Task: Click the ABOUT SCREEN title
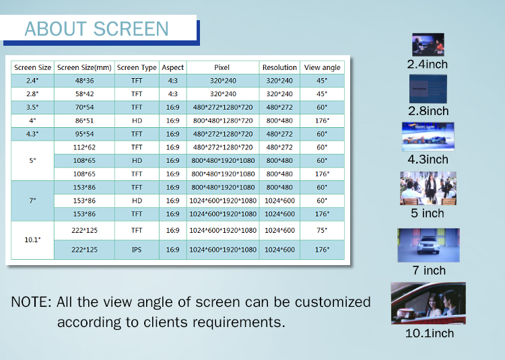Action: pyautogui.click(x=96, y=29)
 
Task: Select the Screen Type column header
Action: pyautogui.click(x=137, y=67)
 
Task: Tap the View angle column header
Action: pyautogui.click(x=322, y=67)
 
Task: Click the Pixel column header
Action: pyautogui.click(x=222, y=67)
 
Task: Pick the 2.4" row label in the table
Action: pyautogui.click(x=32, y=81)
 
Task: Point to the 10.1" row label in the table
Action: pyautogui.click(x=32, y=240)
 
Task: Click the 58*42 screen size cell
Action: pyautogui.click(x=84, y=94)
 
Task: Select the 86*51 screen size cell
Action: pyautogui.click(x=84, y=120)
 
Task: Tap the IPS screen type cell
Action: pyautogui.click(x=137, y=250)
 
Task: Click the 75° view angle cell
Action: pyautogui.click(x=322, y=230)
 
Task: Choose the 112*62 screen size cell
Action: pyautogui.click(x=84, y=147)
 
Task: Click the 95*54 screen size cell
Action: pyautogui.click(x=84, y=134)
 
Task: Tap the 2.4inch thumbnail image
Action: pyautogui.click(x=428, y=44)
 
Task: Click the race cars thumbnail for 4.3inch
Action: pyautogui.click(x=428, y=137)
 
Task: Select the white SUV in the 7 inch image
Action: pyautogui.click(x=428, y=245)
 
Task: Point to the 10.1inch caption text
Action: pyautogui.click(x=430, y=333)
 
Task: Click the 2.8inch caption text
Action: pyautogui.click(x=428, y=111)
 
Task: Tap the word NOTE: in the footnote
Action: pyautogui.click(x=31, y=302)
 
